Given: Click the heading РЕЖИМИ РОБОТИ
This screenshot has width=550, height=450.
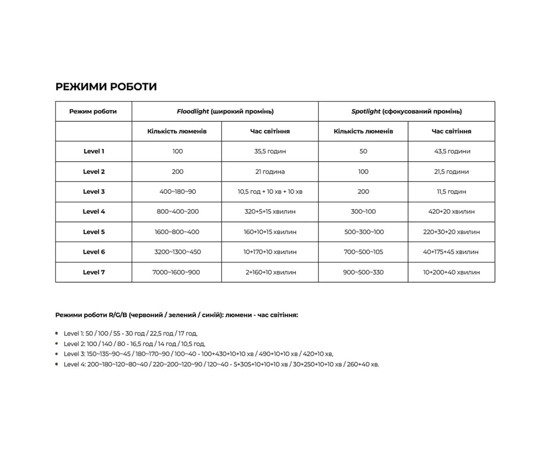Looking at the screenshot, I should point(106,87).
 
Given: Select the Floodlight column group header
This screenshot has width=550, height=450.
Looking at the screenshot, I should point(225,112).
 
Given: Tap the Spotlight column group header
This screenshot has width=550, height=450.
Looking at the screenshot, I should point(406,112).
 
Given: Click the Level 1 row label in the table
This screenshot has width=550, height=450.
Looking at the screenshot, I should point(94,152).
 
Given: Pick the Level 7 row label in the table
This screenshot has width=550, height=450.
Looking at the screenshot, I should point(94,272).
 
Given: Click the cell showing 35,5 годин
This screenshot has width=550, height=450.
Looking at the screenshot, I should point(270,152).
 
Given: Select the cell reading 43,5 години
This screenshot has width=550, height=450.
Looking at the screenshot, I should point(452,152).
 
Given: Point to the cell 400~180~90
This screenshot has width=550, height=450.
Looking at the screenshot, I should point(177,192).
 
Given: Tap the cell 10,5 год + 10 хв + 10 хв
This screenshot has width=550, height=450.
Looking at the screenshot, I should point(270,192).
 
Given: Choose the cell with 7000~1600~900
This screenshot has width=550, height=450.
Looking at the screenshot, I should point(176,272).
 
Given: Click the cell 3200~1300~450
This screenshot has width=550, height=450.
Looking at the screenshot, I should point(177,252).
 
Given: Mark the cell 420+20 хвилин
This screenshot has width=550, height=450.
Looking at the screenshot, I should point(451,212).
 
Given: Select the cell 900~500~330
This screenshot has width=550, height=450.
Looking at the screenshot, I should point(363,272).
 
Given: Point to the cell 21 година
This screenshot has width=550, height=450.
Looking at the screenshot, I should point(270,172).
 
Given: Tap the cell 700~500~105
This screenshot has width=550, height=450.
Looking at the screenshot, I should point(363,252).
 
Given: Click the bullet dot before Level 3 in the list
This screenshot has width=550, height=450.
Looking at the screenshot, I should point(57,354).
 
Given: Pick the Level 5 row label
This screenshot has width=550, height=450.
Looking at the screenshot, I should point(94,232).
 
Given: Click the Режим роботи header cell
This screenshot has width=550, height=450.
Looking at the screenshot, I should point(93,112).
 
